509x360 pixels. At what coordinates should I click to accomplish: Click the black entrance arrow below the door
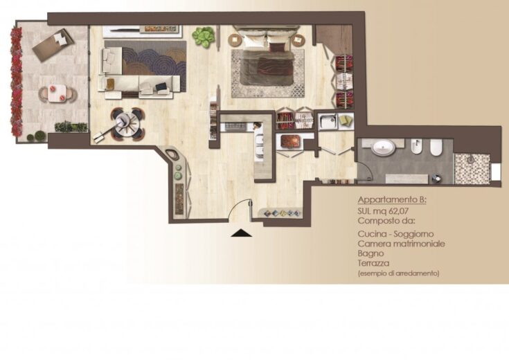(241, 233)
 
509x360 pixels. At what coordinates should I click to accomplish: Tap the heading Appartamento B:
(392, 199)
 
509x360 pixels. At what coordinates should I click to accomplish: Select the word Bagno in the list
(370, 253)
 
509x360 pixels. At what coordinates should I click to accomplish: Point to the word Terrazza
(373, 263)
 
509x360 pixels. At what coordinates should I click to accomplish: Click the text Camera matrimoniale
(401, 244)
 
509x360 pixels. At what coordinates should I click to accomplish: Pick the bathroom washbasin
(384, 148)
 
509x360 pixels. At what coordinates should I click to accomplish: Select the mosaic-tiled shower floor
(472, 169)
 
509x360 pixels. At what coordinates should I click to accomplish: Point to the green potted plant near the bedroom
(204, 36)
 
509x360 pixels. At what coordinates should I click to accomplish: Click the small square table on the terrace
(57, 93)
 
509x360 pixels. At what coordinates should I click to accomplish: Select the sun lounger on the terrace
(54, 45)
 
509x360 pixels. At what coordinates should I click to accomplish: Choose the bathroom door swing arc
(365, 170)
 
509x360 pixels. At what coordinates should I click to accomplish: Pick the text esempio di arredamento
(398, 273)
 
